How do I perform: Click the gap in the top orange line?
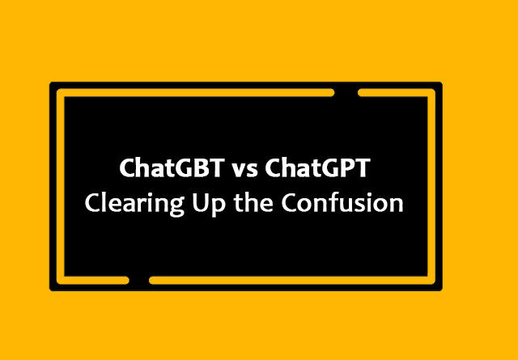coord(346,93)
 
